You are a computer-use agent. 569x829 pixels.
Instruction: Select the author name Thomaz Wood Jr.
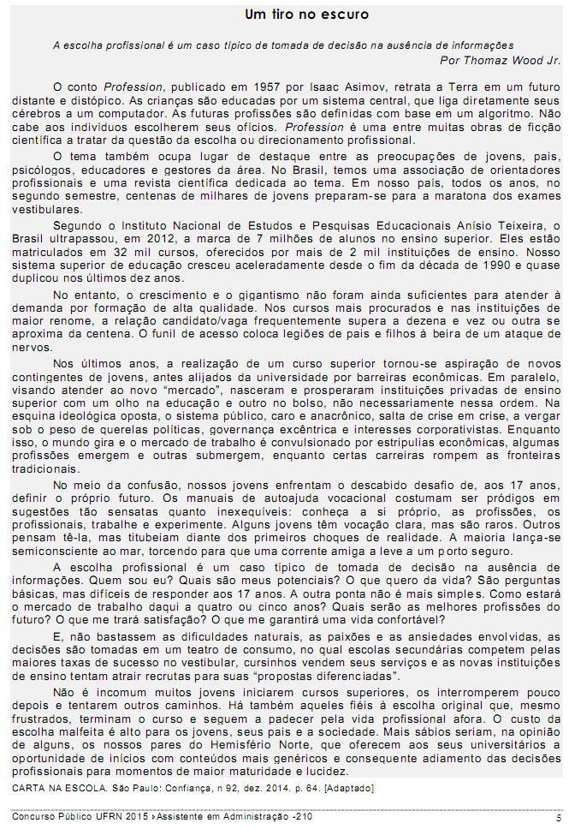click(501, 60)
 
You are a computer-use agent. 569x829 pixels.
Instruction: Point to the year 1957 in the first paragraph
click(234, 87)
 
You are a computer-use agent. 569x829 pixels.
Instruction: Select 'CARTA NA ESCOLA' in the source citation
click(55, 786)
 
